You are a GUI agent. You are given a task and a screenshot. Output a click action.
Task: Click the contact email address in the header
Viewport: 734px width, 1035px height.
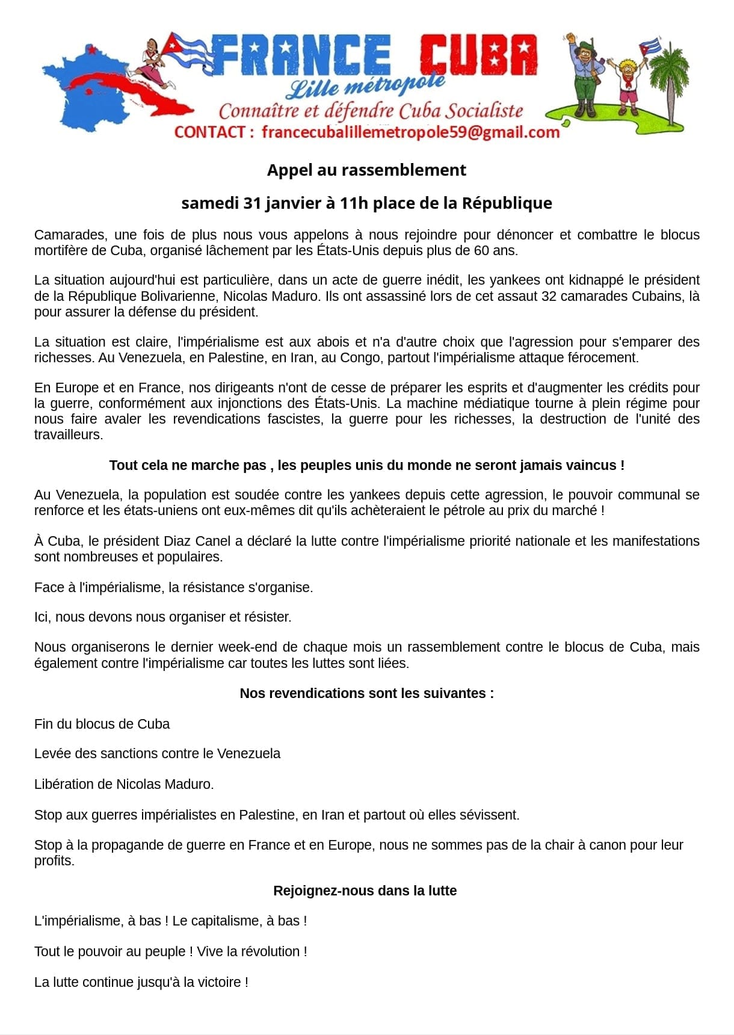point(410,132)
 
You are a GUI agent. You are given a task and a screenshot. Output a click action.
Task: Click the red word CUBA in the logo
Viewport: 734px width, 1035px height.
point(478,55)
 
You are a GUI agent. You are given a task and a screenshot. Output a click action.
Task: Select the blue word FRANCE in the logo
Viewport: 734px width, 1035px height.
point(301,55)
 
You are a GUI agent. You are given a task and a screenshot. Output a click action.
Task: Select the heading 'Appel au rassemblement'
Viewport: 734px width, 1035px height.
point(366,170)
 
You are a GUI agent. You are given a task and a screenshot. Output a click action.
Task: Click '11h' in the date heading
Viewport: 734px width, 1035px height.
point(353,203)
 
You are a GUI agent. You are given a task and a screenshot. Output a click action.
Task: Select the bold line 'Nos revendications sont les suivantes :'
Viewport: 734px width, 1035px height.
point(366,693)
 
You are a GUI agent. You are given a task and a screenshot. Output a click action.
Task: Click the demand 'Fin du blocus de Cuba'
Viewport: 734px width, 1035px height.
point(102,724)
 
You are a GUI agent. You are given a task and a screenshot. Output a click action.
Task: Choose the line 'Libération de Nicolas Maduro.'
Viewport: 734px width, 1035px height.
point(124,784)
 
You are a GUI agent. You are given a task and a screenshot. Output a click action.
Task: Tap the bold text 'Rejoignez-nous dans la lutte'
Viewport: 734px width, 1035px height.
point(365,891)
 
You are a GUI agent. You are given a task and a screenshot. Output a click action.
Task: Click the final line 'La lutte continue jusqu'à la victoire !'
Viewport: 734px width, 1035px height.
point(141,982)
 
